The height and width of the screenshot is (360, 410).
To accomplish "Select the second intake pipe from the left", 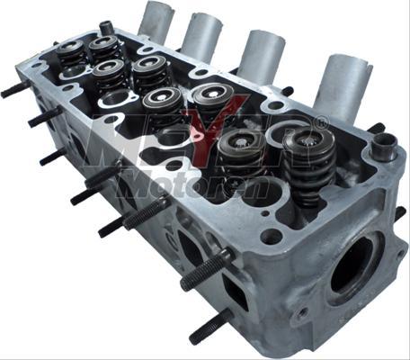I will coord(202,37).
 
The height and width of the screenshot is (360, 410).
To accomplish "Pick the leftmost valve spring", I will coord(71,58).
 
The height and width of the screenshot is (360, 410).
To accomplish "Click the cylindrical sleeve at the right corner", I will coord(385,146).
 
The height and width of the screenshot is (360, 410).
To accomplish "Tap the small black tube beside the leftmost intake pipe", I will coord(107,28).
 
